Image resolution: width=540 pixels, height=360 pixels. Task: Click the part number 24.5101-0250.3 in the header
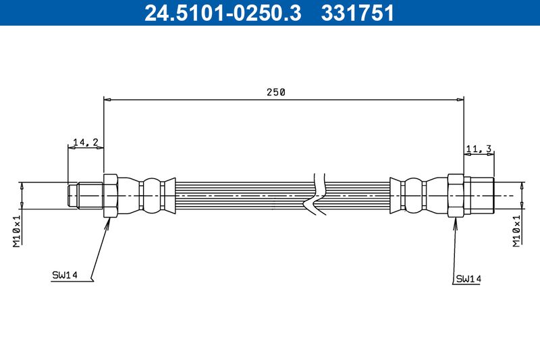tap(223, 13)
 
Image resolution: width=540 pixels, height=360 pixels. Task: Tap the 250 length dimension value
tap(277, 93)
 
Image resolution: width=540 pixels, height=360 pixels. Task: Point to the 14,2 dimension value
tap(86, 142)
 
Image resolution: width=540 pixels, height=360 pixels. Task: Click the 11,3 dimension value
tap(478, 149)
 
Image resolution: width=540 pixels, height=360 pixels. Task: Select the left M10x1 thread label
tap(18, 229)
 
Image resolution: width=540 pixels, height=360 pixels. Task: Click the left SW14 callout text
tap(65, 275)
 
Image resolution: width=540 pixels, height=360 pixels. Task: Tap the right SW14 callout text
tap(468, 278)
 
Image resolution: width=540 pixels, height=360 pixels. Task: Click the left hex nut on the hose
tap(111, 196)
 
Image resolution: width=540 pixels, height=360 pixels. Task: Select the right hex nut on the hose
tap(456, 196)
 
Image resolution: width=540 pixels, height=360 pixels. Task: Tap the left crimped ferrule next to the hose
tap(151, 196)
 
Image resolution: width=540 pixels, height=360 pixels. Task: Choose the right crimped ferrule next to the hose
tap(412, 196)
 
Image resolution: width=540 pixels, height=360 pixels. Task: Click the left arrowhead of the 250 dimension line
tap(107, 99)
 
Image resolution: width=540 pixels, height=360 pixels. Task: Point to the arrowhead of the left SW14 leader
tap(109, 222)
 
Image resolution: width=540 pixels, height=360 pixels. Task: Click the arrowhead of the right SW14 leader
tap(454, 222)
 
